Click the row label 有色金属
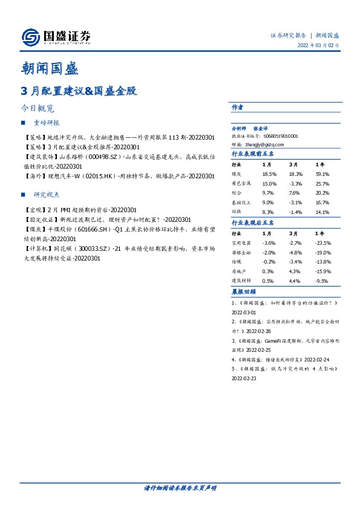[241, 183]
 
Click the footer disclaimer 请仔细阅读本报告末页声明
[180, 488]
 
